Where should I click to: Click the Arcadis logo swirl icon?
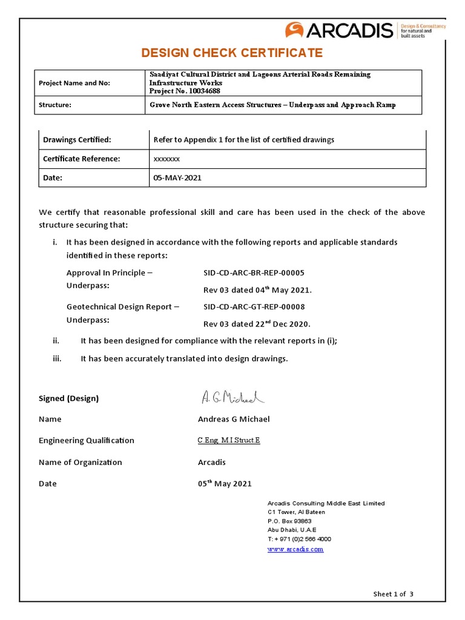point(295,30)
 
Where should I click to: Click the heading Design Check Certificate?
point(232,53)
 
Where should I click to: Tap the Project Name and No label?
point(74,83)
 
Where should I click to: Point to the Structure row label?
point(55,105)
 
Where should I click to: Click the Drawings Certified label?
point(77,140)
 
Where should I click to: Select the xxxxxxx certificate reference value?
point(167,159)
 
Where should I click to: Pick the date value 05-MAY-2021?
point(177,178)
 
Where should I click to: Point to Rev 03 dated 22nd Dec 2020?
point(257,324)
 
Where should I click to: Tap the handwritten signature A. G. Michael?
point(232,397)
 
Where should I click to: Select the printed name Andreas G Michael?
point(234,419)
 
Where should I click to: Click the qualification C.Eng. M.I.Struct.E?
point(229,440)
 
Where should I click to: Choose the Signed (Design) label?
point(68,398)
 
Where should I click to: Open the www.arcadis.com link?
point(295,549)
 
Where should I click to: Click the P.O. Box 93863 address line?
point(289,521)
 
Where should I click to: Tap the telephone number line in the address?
point(299,539)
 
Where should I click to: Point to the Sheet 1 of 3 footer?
point(393,594)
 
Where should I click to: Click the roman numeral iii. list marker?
point(58,358)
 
